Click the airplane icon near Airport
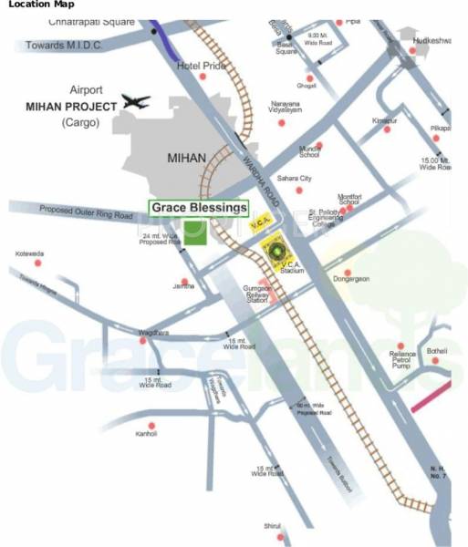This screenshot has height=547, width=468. pyautogui.click(x=135, y=102)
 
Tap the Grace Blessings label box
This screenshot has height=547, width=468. pyautogui.click(x=199, y=208)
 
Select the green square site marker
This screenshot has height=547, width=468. pyautogui.click(x=193, y=232)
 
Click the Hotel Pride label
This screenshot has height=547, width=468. pyautogui.click(x=201, y=67)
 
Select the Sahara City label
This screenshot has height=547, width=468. pyautogui.click(x=294, y=179)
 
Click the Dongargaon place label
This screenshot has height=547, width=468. pyautogui.click(x=351, y=278)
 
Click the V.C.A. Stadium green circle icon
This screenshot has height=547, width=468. pyautogui.click(x=271, y=246)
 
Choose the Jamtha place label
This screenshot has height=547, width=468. pyautogui.click(x=183, y=285)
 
